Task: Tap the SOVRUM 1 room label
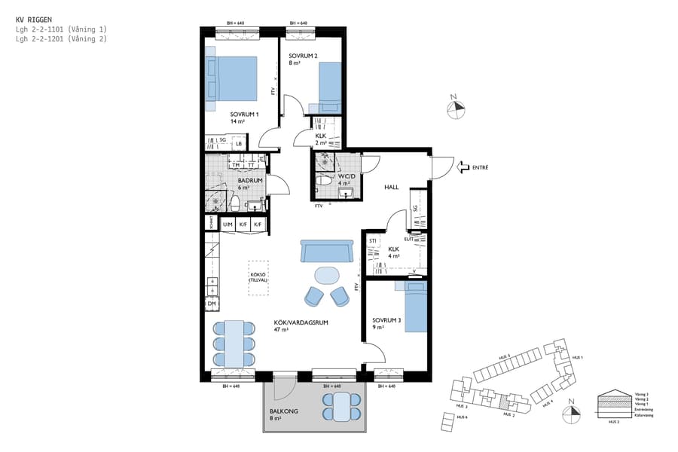click(245, 115)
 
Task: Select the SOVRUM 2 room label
click(304, 56)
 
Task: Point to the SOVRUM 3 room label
click(386, 320)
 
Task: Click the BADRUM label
click(249, 181)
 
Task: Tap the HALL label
click(391, 187)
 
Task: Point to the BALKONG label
click(283, 412)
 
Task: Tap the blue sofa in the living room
click(327, 251)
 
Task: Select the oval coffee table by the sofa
click(327, 274)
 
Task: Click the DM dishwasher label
click(212, 303)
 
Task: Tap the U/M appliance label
click(228, 224)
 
